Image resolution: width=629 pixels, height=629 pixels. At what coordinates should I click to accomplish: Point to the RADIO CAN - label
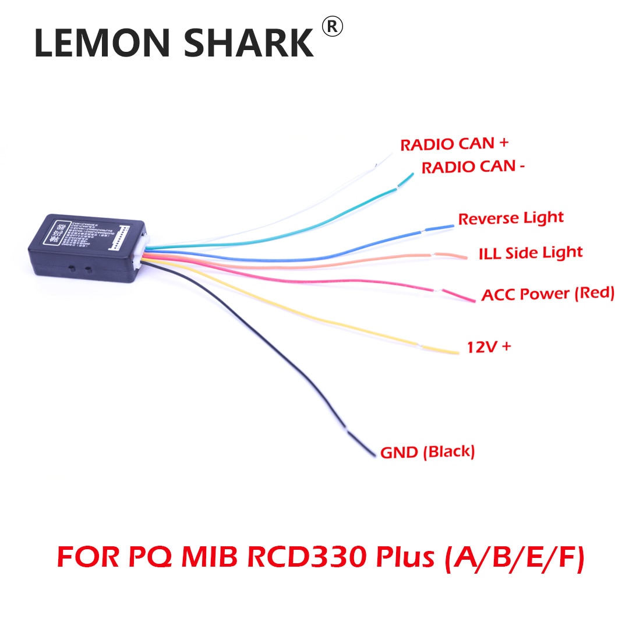pyautogui.click(x=473, y=168)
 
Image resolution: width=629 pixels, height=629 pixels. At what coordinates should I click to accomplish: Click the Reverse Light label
pyautogui.click(x=511, y=218)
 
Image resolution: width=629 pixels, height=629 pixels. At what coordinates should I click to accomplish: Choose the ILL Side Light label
pyautogui.click(x=530, y=253)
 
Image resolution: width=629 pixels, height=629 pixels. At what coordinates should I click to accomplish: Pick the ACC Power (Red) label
pyautogui.click(x=547, y=294)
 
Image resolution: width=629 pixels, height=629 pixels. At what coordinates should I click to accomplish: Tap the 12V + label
pyautogui.click(x=489, y=347)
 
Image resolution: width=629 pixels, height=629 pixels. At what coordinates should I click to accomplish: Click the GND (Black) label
pyautogui.click(x=427, y=452)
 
